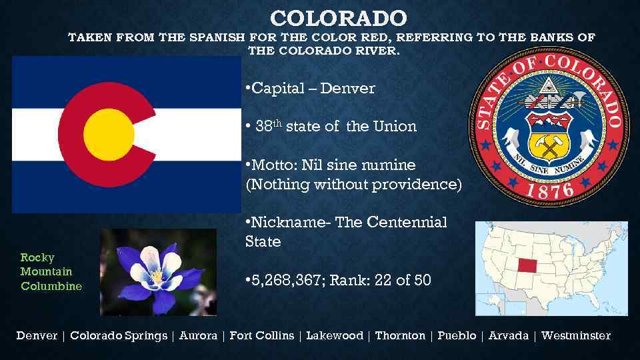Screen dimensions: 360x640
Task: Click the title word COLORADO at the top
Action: [338, 17]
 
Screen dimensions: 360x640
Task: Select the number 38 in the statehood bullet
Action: [265, 126]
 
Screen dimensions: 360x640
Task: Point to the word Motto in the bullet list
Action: [271, 165]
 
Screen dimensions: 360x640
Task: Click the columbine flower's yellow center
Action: [157, 275]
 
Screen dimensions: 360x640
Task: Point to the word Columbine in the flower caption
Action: [51, 286]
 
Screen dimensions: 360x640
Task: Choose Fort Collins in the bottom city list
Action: [261, 335]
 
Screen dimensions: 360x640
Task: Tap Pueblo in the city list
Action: [457, 335]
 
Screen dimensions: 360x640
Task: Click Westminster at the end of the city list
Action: [576, 335]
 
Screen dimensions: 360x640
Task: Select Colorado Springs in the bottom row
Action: [119, 335]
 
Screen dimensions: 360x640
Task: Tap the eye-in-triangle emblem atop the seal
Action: [547, 85]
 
